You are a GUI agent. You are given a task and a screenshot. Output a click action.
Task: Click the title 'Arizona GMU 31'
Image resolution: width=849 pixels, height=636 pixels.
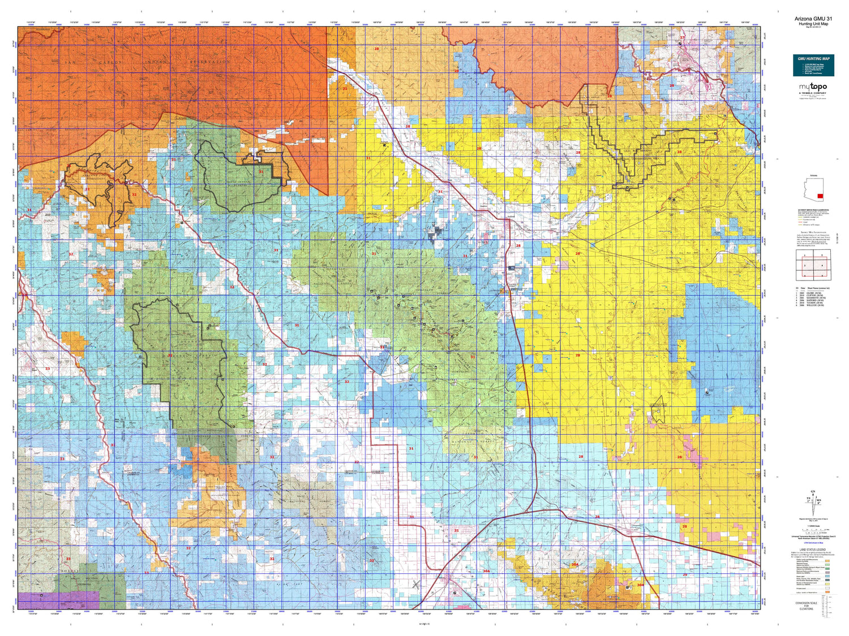pyautogui.click(x=812, y=19)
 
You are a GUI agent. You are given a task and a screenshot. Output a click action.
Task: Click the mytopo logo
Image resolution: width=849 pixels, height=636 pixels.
pyautogui.click(x=813, y=87)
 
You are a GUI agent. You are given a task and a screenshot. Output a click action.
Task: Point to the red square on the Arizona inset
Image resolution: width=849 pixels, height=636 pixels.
pyautogui.click(x=820, y=195)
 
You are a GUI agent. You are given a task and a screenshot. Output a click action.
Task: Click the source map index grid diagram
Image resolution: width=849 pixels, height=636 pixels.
pyautogui.click(x=812, y=263)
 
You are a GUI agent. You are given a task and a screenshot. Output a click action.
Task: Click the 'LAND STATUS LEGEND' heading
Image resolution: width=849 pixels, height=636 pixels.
pyautogui.click(x=812, y=550)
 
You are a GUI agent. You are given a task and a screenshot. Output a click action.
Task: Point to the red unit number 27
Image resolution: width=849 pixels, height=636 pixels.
pyautogui.click(x=682, y=38)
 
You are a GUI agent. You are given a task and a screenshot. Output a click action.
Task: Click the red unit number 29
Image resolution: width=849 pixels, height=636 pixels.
pyautogui.click(x=684, y=574)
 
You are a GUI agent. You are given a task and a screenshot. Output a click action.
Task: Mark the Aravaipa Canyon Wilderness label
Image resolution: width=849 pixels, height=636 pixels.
pyautogui.click(x=87, y=177)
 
